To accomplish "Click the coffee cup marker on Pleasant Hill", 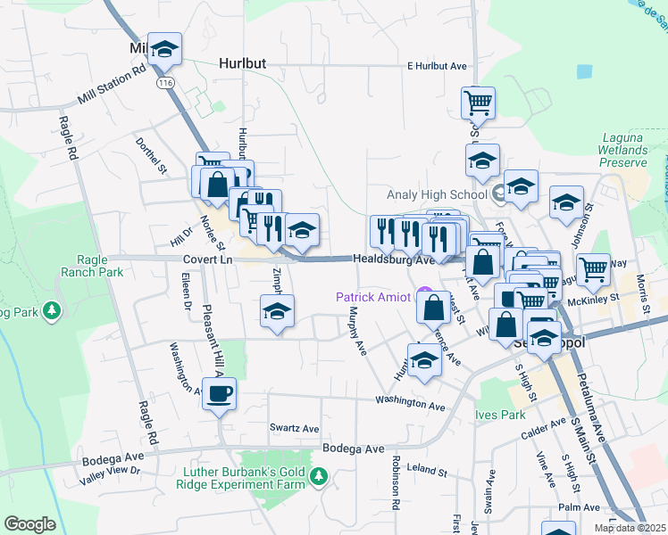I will [219, 393].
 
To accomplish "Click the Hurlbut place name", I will [243, 64].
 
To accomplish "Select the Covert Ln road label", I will [207, 259].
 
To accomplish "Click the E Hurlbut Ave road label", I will [437, 66].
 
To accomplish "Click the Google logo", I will [29, 523].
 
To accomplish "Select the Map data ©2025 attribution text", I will [630, 528].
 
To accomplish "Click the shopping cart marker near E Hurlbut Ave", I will [478, 103].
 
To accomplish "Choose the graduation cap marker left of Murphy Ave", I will [277, 312].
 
